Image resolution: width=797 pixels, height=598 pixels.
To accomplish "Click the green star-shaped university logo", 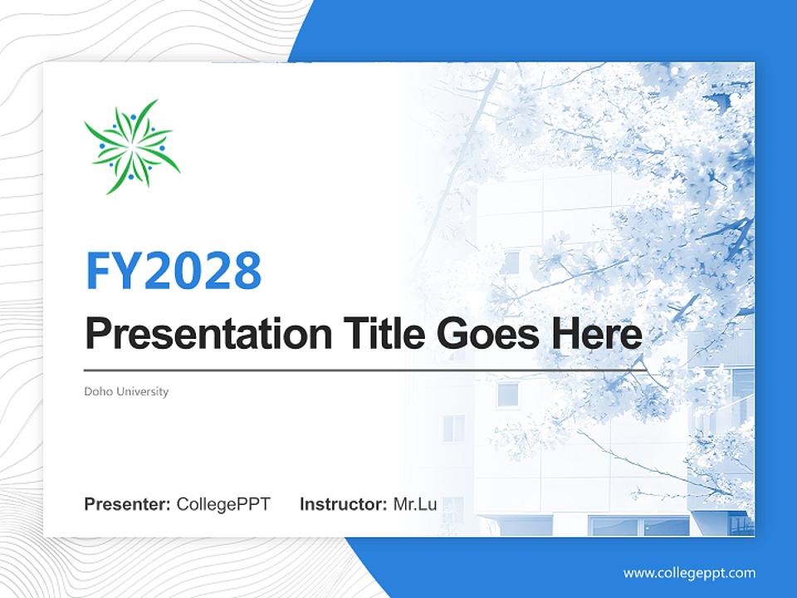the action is pyautogui.click(x=132, y=146).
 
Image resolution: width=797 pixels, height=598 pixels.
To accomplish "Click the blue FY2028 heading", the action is pyautogui.click(x=174, y=271).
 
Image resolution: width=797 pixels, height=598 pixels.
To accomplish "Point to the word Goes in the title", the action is pyautogui.click(x=488, y=333).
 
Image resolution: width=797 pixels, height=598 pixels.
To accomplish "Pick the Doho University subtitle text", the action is pyautogui.click(x=126, y=391).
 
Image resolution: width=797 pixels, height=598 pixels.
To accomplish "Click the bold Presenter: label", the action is pyautogui.click(x=127, y=504).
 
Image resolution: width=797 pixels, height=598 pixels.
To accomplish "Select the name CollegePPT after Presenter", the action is pyautogui.click(x=223, y=504).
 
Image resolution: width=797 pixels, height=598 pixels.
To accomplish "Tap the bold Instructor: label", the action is pyautogui.click(x=343, y=504).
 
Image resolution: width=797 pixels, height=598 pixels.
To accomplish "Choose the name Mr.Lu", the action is pyautogui.click(x=415, y=504).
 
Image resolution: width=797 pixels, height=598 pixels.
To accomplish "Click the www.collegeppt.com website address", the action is pyautogui.click(x=689, y=574).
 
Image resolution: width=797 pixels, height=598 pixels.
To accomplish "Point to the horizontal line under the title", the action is pyautogui.click(x=365, y=370).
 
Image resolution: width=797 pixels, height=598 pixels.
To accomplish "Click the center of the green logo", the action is pyautogui.click(x=132, y=146).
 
